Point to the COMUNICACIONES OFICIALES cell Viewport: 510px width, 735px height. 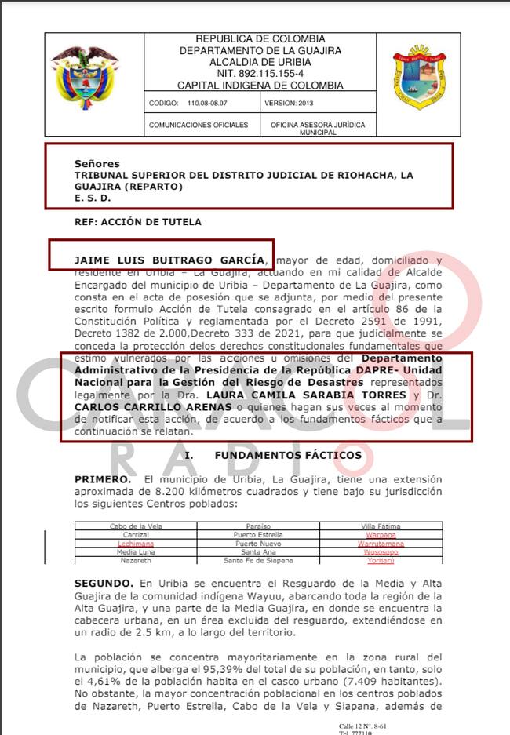pyautogui.click(x=199, y=125)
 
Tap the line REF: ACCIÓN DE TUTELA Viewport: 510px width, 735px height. pyautogui.click(x=138, y=222)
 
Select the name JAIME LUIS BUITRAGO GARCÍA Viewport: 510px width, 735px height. pyautogui.click(x=169, y=259)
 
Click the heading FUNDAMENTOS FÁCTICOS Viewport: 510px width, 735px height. pyautogui.click(x=288, y=455)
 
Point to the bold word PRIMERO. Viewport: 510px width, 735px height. pyautogui.click(x=103, y=478)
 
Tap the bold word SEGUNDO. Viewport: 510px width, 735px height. pyautogui.click(x=104, y=584)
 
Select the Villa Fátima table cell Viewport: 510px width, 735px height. pyautogui.click(x=380, y=526)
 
